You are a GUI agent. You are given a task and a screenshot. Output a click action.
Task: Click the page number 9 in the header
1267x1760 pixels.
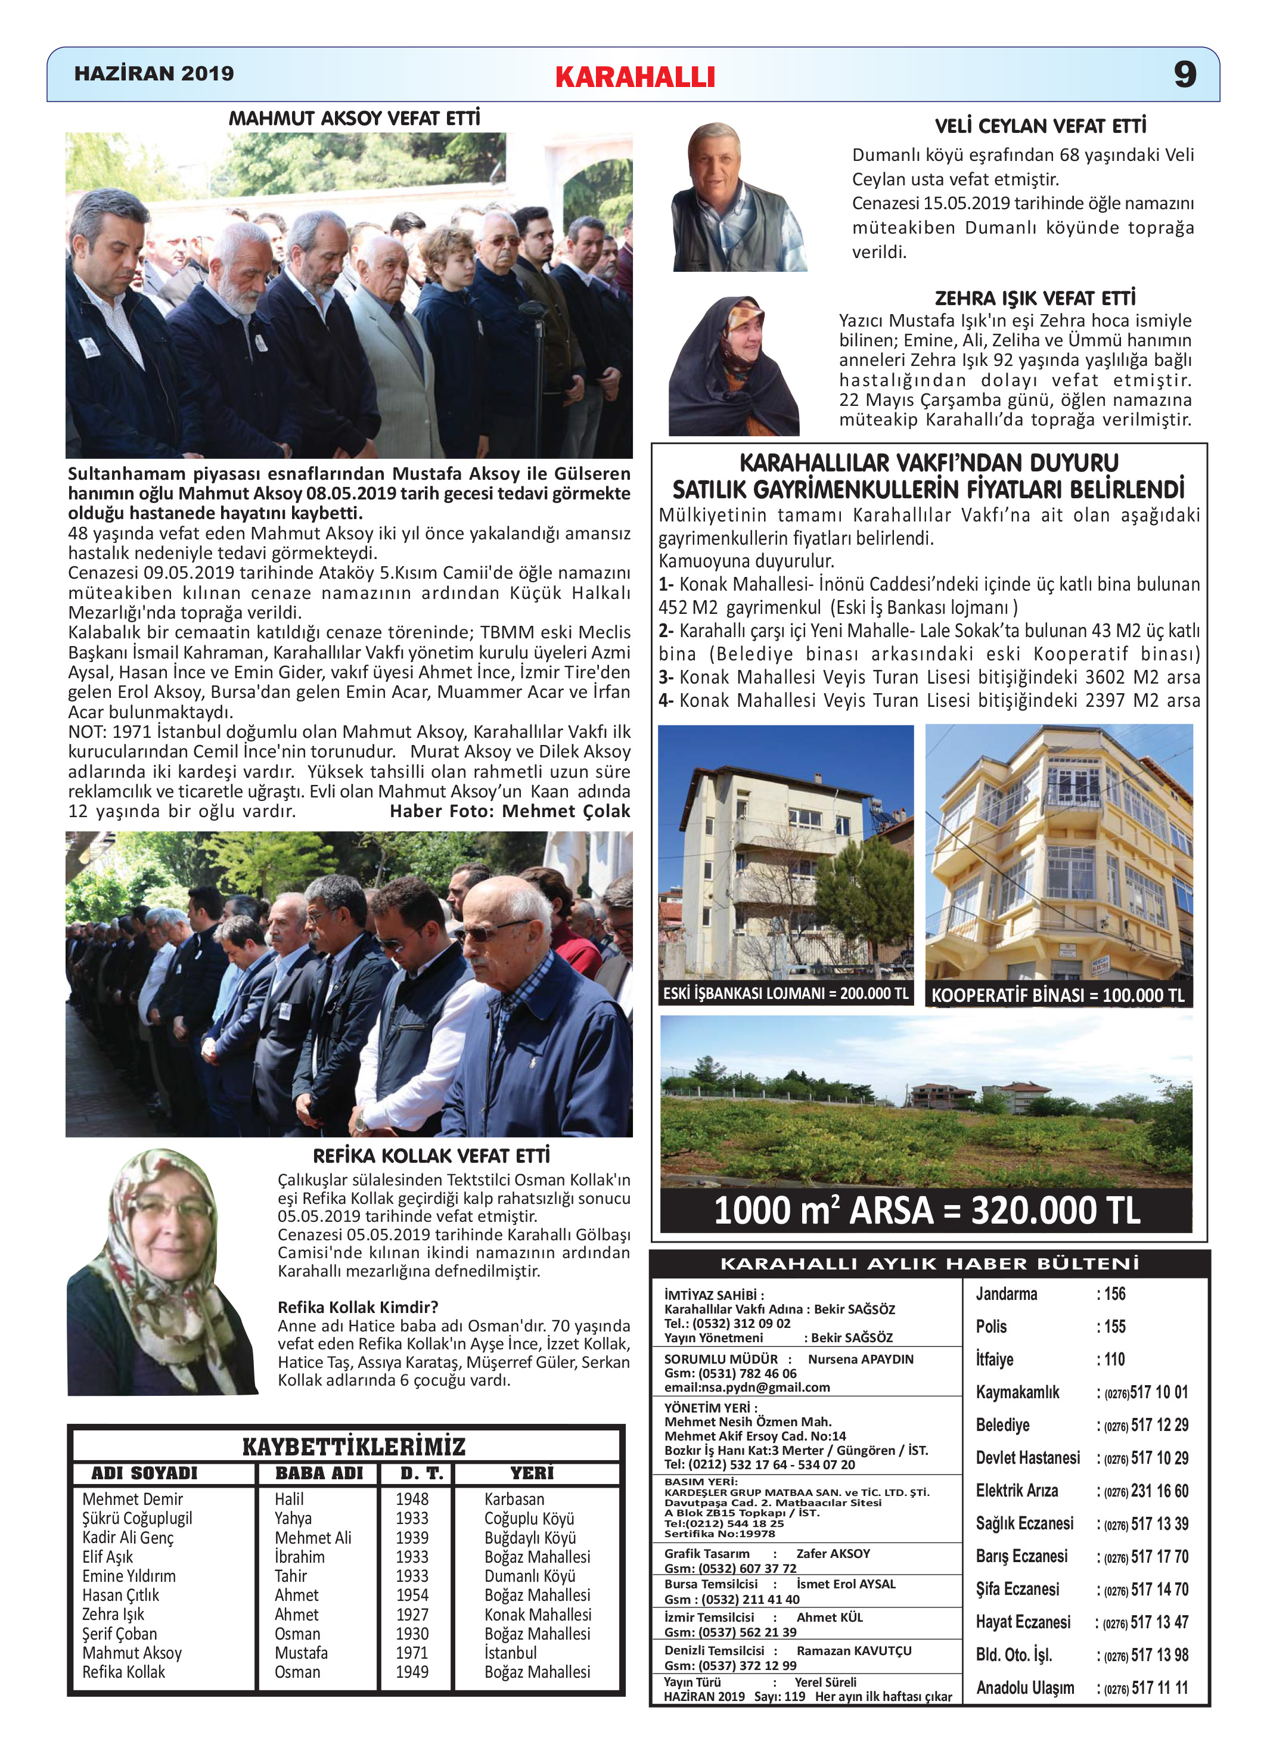click(1184, 75)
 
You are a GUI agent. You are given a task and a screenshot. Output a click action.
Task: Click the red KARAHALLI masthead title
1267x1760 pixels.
click(635, 77)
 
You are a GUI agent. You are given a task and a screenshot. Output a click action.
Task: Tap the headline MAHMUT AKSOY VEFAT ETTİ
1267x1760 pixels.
click(354, 118)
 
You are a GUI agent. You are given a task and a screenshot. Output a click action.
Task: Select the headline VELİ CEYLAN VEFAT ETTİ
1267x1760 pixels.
click(1040, 126)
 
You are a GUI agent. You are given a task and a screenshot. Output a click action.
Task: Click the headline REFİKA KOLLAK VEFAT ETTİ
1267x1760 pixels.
click(431, 1156)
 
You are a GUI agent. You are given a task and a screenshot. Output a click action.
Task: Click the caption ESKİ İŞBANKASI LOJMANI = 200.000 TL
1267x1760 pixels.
click(785, 994)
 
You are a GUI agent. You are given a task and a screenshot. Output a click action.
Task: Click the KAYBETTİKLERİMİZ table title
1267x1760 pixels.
click(354, 1447)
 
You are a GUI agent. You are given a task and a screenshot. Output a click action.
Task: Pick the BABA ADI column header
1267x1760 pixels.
click(319, 1473)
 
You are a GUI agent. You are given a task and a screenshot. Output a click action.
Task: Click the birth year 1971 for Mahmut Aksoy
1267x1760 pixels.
click(412, 1653)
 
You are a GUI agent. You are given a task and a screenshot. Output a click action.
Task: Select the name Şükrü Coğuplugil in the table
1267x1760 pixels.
click(137, 1518)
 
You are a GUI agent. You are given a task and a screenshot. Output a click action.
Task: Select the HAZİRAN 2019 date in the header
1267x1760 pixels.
click(154, 74)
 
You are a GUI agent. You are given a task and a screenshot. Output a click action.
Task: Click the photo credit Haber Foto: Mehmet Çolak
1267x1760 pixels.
click(510, 811)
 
